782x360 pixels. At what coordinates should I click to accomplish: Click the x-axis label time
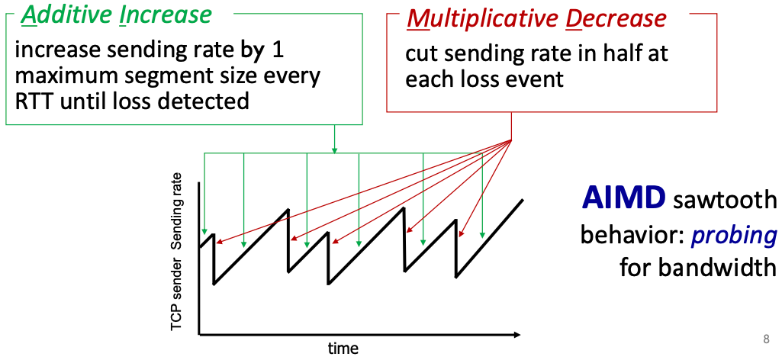(x=343, y=349)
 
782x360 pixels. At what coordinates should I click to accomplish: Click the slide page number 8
(x=766, y=339)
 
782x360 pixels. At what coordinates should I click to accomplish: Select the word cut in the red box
(x=420, y=54)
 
